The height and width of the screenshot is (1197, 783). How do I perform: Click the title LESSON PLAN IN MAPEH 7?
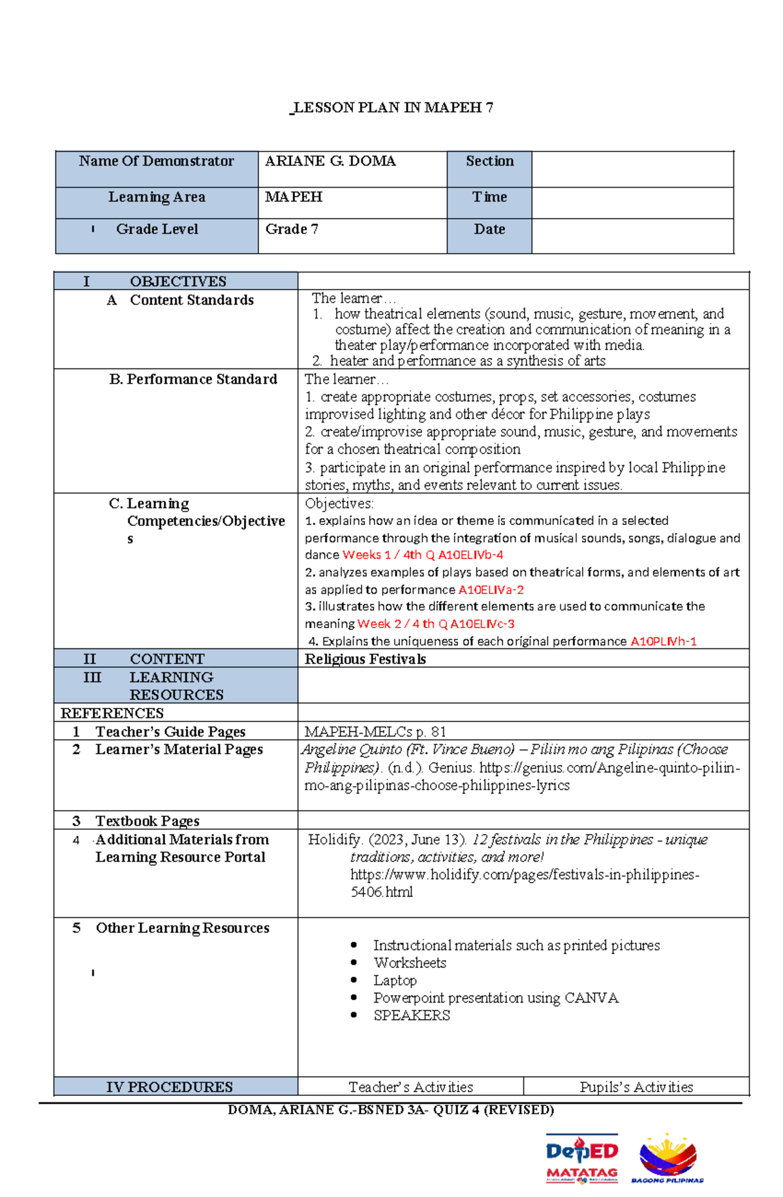[x=392, y=108]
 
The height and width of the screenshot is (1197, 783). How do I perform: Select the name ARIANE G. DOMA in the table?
[x=330, y=161]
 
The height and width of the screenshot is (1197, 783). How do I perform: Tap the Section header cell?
[x=489, y=161]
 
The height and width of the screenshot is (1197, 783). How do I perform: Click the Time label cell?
[x=489, y=197]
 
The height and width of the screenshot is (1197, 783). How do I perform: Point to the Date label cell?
[x=489, y=230]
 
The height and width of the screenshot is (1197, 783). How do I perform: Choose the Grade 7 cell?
[x=292, y=230]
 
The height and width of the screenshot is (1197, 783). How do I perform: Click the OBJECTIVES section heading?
[x=177, y=282]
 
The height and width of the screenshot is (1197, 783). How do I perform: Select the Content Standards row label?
[x=191, y=300]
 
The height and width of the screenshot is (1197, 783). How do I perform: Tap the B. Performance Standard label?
[x=193, y=380]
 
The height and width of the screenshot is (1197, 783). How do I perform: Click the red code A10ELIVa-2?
[x=491, y=590]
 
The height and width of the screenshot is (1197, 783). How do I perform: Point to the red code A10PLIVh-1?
[x=663, y=641]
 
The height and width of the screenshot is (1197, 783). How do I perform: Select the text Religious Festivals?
[x=365, y=659]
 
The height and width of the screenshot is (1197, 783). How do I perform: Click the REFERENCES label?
[x=112, y=713]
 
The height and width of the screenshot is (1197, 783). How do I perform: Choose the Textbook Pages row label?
[x=147, y=821]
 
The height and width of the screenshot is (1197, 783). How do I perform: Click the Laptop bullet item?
[x=395, y=980]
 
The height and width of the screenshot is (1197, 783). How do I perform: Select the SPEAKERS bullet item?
[x=412, y=1016]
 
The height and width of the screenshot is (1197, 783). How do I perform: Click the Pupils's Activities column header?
[x=636, y=1087]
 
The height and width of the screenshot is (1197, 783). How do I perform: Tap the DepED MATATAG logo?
[x=582, y=1158]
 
